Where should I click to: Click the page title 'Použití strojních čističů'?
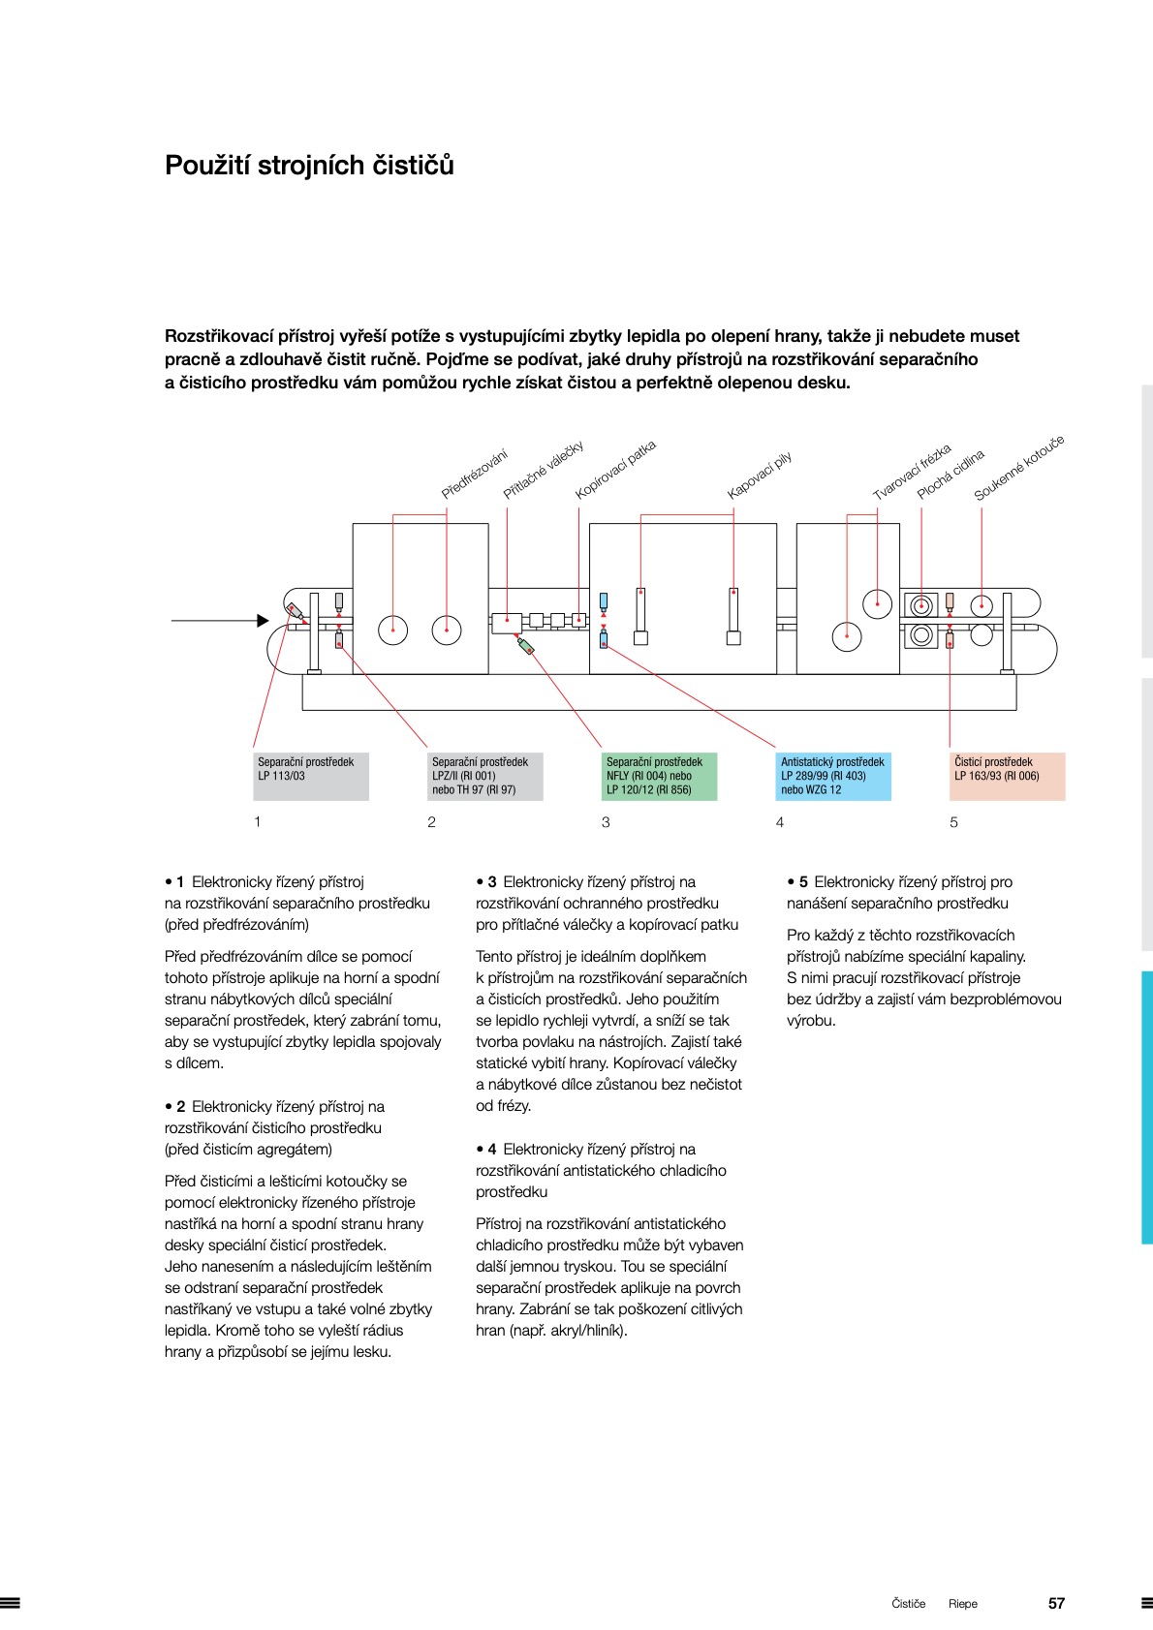(x=309, y=166)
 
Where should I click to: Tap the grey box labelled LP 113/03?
(x=310, y=776)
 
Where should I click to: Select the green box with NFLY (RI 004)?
(x=659, y=776)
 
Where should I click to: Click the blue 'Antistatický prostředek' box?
(x=833, y=776)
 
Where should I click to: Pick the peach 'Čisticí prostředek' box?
(x=1007, y=776)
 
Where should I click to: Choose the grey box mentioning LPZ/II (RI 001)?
(x=484, y=776)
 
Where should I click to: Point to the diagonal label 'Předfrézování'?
(x=474, y=475)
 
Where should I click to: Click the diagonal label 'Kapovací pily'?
(x=760, y=475)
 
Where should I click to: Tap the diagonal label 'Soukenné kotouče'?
(x=1018, y=468)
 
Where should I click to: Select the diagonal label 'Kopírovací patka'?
(x=615, y=470)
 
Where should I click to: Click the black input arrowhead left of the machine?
(x=263, y=620)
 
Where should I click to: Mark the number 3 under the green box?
(x=606, y=822)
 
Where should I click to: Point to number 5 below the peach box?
(x=953, y=822)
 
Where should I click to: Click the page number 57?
(x=1056, y=1603)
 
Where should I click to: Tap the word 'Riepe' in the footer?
(x=963, y=1604)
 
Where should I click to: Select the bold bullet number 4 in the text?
(x=491, y=1150)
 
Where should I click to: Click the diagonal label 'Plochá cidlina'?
(x=950, y=475)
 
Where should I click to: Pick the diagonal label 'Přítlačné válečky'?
(x=544, y=470)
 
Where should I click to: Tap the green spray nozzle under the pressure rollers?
(x=526, y=646)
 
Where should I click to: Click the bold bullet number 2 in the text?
(x=180, y=1107)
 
